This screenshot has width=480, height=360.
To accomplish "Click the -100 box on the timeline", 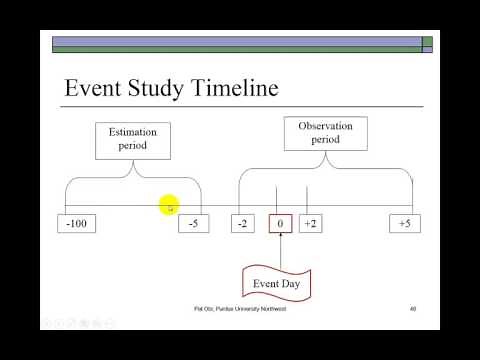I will pyautogui.click(x=76, y=223).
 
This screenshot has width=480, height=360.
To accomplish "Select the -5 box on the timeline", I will pyautogui.click(x=194, y=223).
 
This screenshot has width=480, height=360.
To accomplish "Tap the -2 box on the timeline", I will pyautogui.click(x=242, y=223).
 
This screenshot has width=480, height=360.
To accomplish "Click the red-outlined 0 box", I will pyautogui.click(x=280, y=223).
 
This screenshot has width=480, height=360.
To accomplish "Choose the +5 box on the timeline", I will pyautogui.click(x=404, y=223).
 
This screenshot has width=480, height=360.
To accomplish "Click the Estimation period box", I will pyautogui.click(x=133, y=138).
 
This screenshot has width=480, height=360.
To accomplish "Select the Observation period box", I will pyautogui.click(x=326, y=133).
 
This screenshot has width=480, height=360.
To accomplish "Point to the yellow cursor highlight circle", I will pyautogui.click(x=169, y=205).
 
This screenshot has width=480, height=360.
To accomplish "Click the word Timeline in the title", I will pyautogui.click(x=228, y=88).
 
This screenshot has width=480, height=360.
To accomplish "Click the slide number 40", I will pyautogui.click(x=413, y=310).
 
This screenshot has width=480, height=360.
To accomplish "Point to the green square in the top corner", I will pyautogui.click(x=427, y=43).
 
